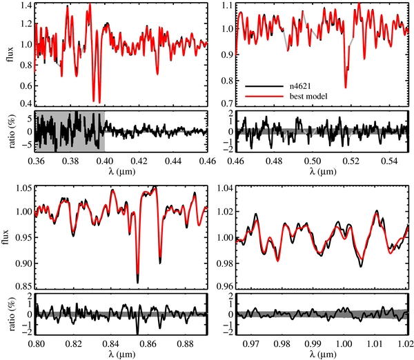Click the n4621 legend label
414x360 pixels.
pos(300,87)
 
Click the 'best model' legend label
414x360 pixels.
pos(308,96)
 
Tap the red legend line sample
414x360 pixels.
pos(264,97)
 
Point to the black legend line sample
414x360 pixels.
pos(264,87)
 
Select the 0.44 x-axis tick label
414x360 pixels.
pos(174,161)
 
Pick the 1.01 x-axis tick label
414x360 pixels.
pos(375,343)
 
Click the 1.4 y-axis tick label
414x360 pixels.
pos(27,5)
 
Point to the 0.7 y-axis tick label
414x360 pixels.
pos(227,103)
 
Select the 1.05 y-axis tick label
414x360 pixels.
pos(24,188)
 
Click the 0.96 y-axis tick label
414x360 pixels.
pos(224,286)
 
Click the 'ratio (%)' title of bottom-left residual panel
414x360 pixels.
pos(12,315)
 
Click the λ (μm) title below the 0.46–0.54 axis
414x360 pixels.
pos(323,172)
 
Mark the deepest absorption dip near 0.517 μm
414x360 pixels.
pos(346,87)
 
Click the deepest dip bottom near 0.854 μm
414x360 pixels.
pos(137,282)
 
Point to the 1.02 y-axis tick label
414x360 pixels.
pos(224,212)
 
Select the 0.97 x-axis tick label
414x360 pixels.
pos(250,343)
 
